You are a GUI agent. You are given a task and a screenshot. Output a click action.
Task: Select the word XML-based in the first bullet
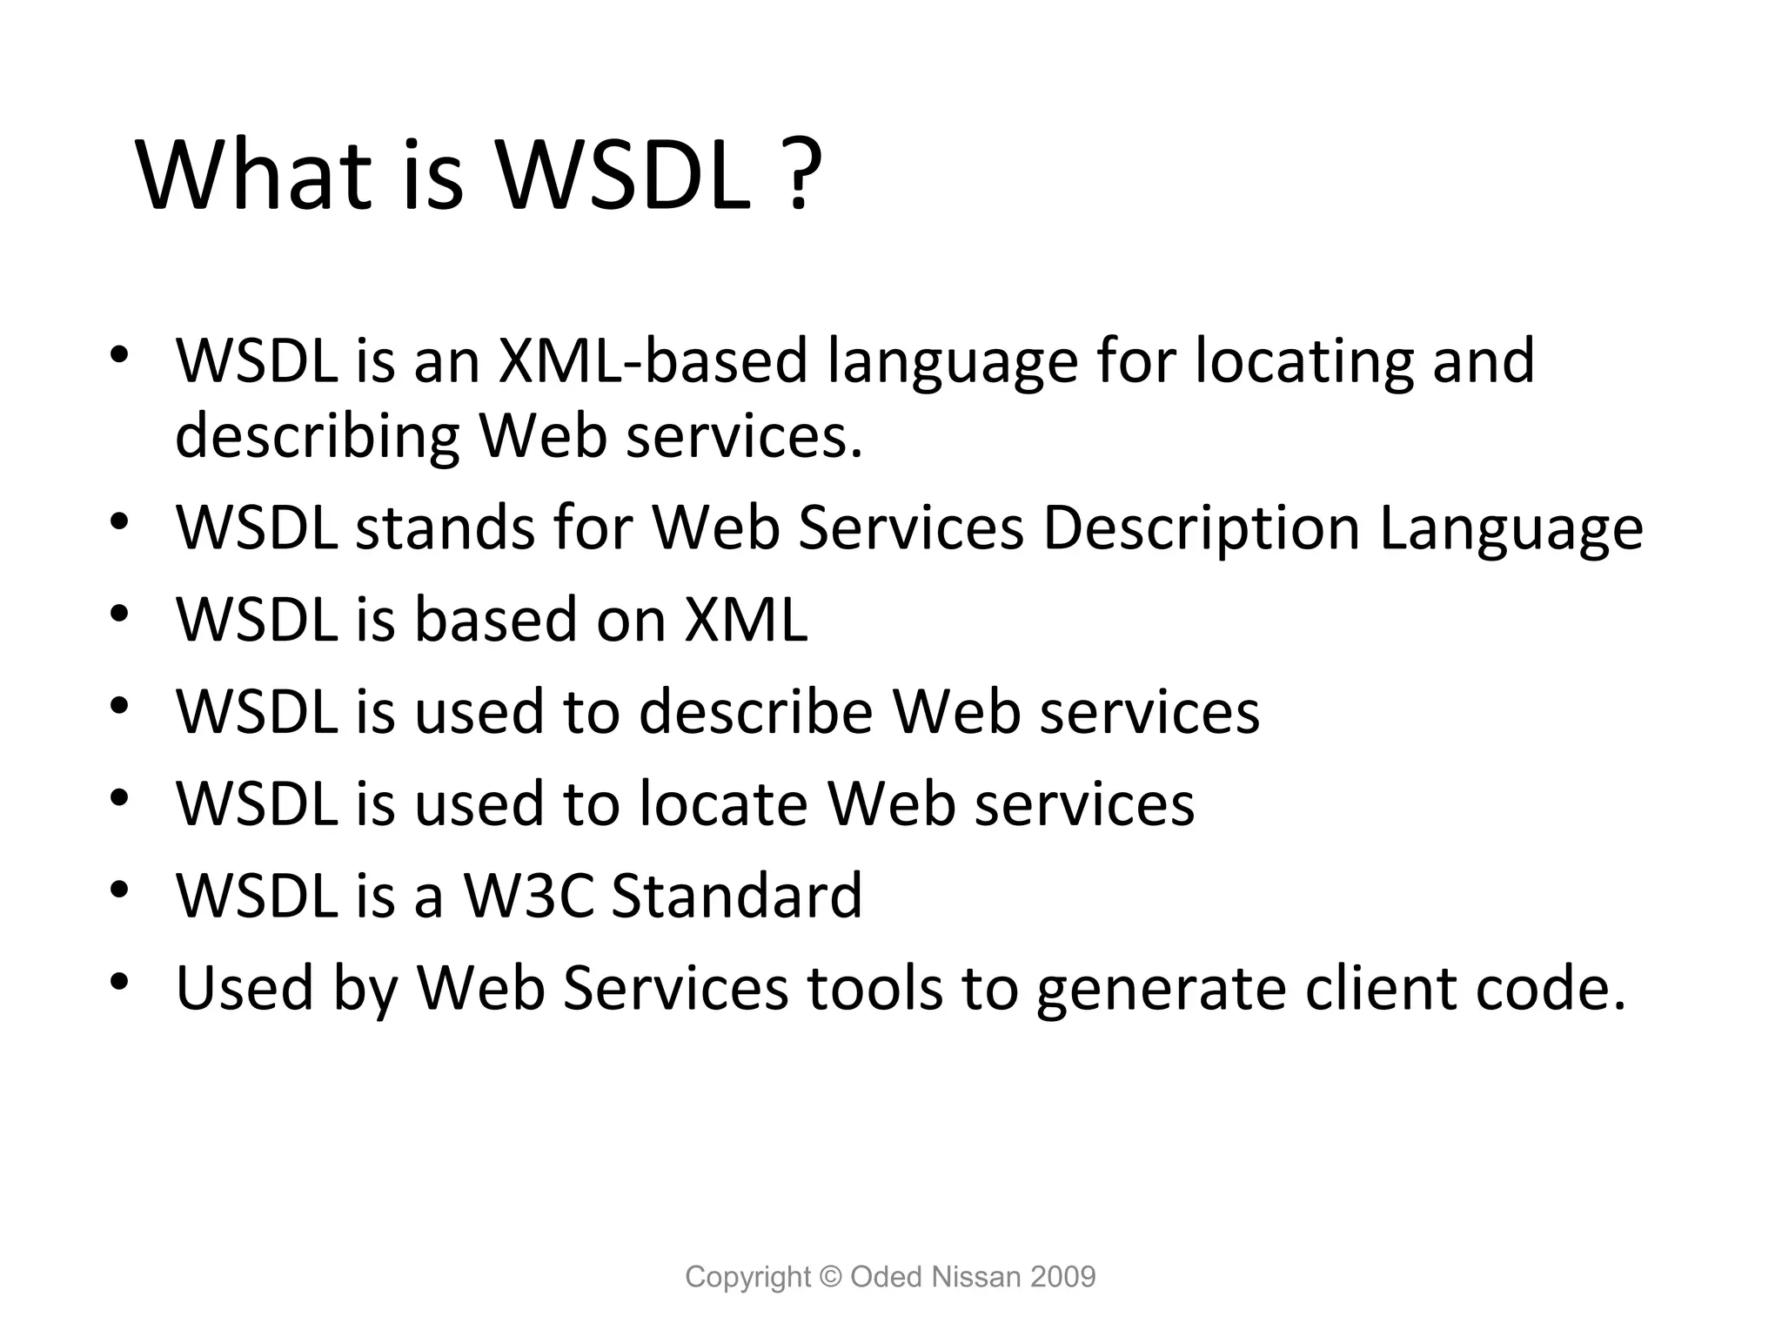pyautogui.click(x=653, y=361)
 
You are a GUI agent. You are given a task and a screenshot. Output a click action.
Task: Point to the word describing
pyautogui.click(x=317, y=438)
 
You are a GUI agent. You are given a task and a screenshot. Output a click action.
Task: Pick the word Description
pyautogui.click(x=1202, y=530)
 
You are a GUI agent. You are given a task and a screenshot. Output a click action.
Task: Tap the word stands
pyautogui.click(x=445, y=528)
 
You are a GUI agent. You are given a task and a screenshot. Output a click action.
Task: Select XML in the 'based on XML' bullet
pyautogui.click(x=747, y=620)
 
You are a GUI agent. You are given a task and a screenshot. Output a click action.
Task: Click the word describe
pyautogui.click(x=756, y=712)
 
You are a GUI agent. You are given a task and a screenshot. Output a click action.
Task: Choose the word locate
pyautogui.click(x=723, y=803)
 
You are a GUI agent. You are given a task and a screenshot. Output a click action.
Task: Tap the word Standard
pyautogui.click(x=737, y=896)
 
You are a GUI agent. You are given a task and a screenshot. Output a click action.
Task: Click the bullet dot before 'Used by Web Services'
pyautogui.click(x=120, y=983)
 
